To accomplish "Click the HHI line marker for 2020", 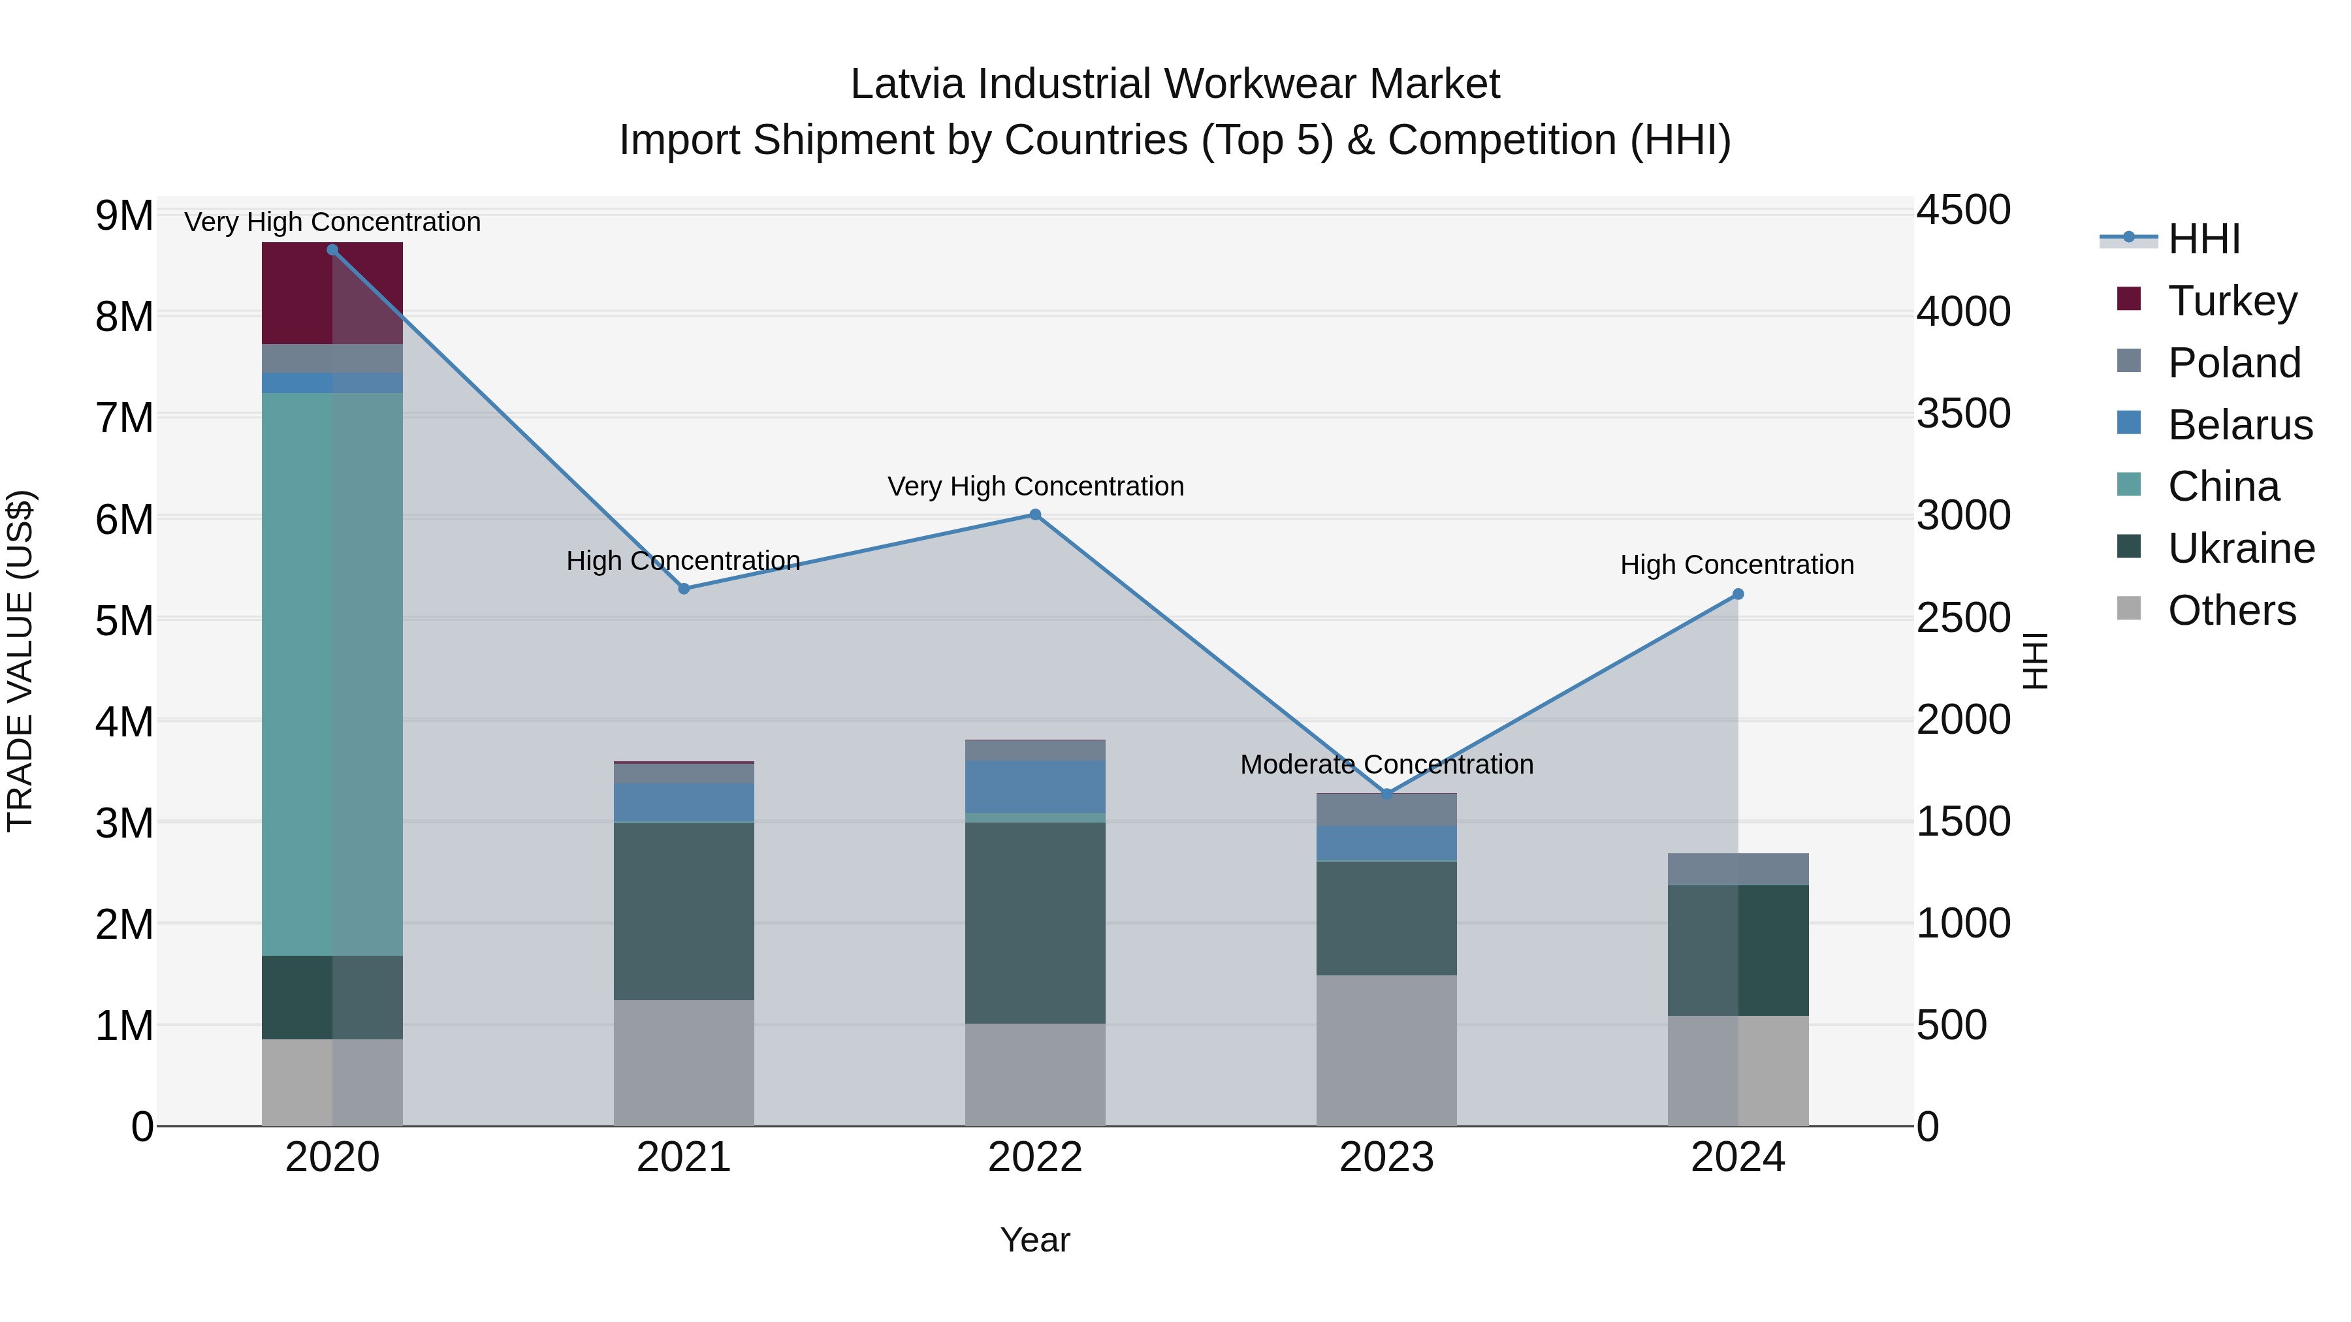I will click(x=332, y=250).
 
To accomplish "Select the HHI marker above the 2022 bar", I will click(x=1035, y=514).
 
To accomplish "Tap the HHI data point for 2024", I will click(x=1738, y=594).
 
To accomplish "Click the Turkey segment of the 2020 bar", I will click(x=296, y=293).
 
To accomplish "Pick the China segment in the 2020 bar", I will click(x=296, y=675).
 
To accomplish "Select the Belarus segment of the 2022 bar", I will click(x=1035, y=787).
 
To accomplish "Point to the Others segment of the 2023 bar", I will click(x=1386, y=1050).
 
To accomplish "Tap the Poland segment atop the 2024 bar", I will click(x=1738, y=870).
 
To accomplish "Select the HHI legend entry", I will click(x=2203, y=239).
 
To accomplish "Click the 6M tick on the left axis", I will click(x=124, y=520).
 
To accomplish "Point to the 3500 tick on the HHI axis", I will click(x=1962, y=414).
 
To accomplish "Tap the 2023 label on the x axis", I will click(x=1386, y=1157).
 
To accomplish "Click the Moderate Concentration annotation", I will click(x=1386, y=764).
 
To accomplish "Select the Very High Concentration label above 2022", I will click(x=1035, y=486).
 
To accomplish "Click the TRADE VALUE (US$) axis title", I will click(x=21, y=661).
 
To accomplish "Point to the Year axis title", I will click(x=1035, y=1240).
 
